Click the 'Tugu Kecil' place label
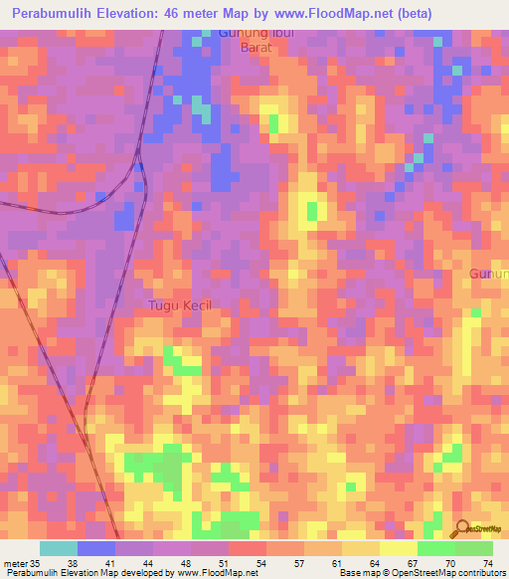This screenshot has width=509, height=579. (x=180, y=305)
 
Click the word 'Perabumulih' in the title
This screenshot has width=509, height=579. (x=59, y=15)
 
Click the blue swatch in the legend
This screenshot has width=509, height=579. (x=96, y=548)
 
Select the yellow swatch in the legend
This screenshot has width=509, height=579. (x=398, y=548)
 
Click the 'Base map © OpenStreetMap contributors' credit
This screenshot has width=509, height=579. (x=422, y=573)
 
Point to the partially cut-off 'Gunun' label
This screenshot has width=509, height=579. (x=489, y=274)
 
